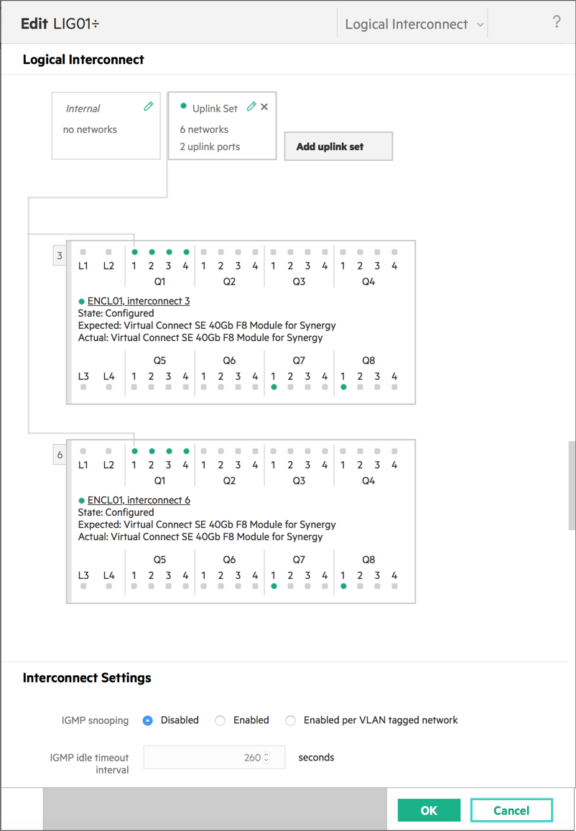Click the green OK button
coord(429,809)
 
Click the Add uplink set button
coord(338,147)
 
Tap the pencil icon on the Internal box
coord(149,106)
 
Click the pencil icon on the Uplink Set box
coord(251,106)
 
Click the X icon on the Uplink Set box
coord(264,106)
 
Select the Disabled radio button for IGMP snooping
coord(148,721)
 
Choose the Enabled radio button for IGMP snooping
coord(220,721)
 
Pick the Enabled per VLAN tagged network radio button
coord(290,721)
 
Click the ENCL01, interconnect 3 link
coord(139,301)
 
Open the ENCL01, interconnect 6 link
coord(139,500)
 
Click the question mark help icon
coord(557,22)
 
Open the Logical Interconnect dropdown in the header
coord(412,24)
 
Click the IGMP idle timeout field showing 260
coord(214,757)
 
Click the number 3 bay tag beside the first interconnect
coord(60,256)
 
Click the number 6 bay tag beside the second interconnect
coord(60,455)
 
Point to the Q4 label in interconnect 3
coord(368,282)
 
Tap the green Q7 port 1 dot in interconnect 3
coord(274,387)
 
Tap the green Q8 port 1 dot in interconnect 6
coord(343,586)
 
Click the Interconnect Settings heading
coord(87,678)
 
